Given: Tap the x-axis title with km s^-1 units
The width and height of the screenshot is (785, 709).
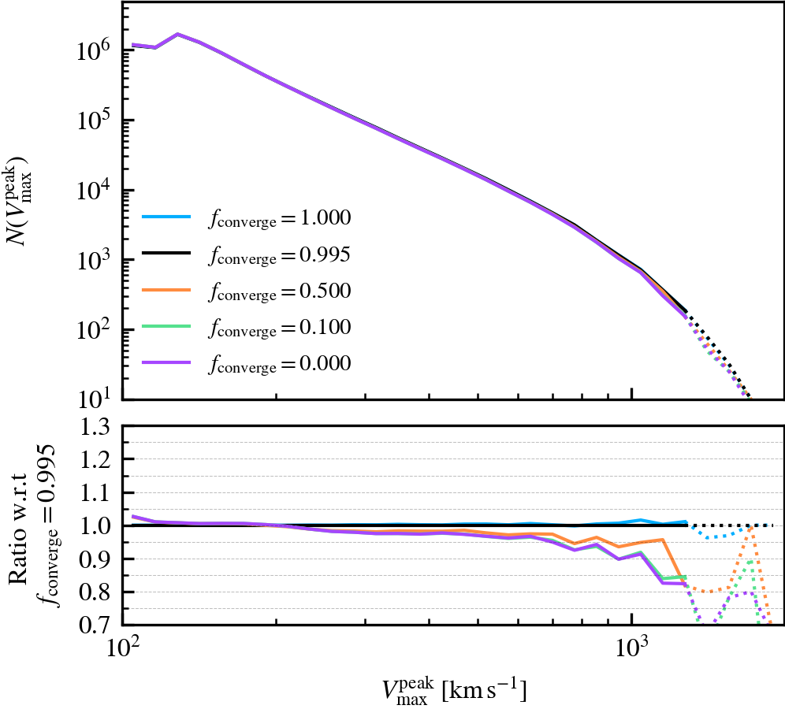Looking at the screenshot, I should click(x=450, y=690).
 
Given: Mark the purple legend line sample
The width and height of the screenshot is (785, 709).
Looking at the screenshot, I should click(x=167, y=363).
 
